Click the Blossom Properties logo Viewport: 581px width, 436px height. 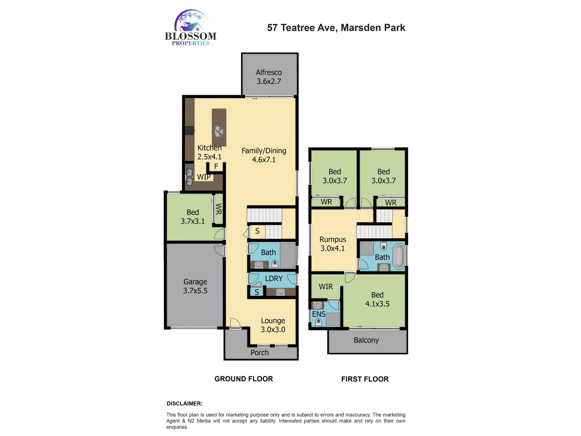point(191,28)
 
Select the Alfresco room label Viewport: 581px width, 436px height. point(269,73)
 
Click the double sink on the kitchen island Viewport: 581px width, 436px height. point(219,132)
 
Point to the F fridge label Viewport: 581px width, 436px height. point(216,166)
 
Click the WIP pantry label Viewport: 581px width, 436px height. point(204,177)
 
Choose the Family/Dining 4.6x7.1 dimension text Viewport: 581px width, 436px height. point(264,160)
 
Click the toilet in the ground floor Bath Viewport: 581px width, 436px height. point(275,264)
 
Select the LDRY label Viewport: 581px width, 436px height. point(274,278)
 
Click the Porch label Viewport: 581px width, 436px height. point(260,353)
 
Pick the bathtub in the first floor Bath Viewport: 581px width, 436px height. point(399,256)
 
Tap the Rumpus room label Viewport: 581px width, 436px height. point(333,240)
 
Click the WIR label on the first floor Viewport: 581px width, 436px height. point(326,287)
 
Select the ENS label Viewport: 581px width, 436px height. point(319,314)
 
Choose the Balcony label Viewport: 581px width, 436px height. point(366,340)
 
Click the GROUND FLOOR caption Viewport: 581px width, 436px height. point(244,379)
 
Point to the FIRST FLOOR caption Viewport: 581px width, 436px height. point(365,379)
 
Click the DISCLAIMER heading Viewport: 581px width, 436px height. point(185,404)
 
